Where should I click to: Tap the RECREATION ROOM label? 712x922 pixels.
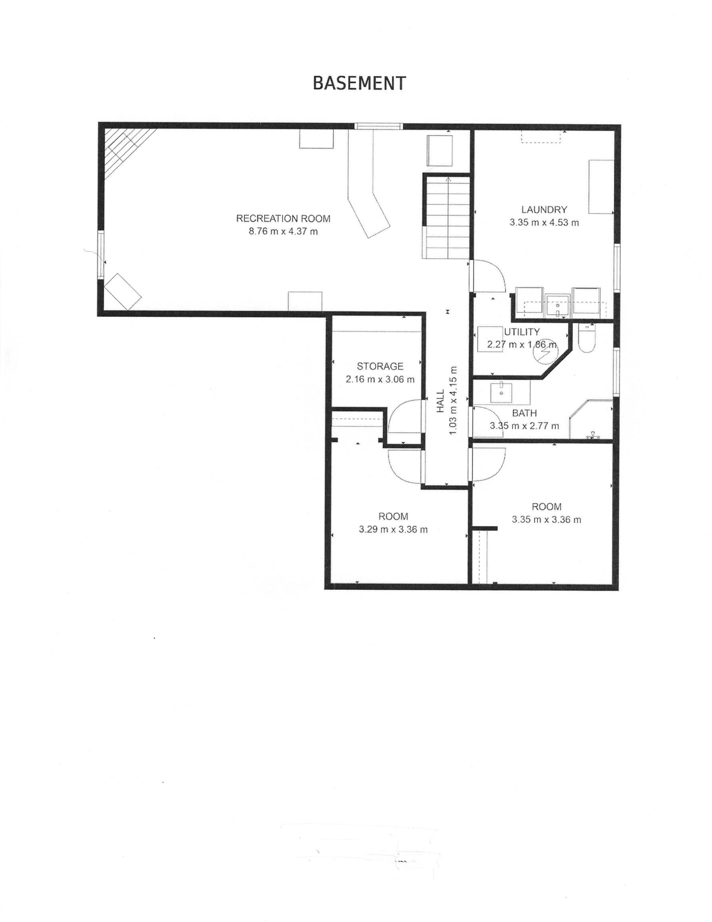click(x=283, y=218)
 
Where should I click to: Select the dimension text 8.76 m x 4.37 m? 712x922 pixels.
click(x=283, y=231)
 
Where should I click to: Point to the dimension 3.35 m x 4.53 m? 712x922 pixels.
click(x=544, y=222)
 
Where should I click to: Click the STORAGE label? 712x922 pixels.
click(x=380, y=366)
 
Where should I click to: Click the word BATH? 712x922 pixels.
click(x=524, y=413)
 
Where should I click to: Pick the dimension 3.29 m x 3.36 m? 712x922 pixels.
click(x=393, y=529)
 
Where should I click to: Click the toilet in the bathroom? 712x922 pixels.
click(x=586, y=338)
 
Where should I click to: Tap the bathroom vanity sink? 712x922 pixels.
click(x=501, y=392)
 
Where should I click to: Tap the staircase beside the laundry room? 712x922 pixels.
click(x=447, y=217)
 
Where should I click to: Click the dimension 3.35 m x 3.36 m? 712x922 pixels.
click(x=546, y=520)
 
